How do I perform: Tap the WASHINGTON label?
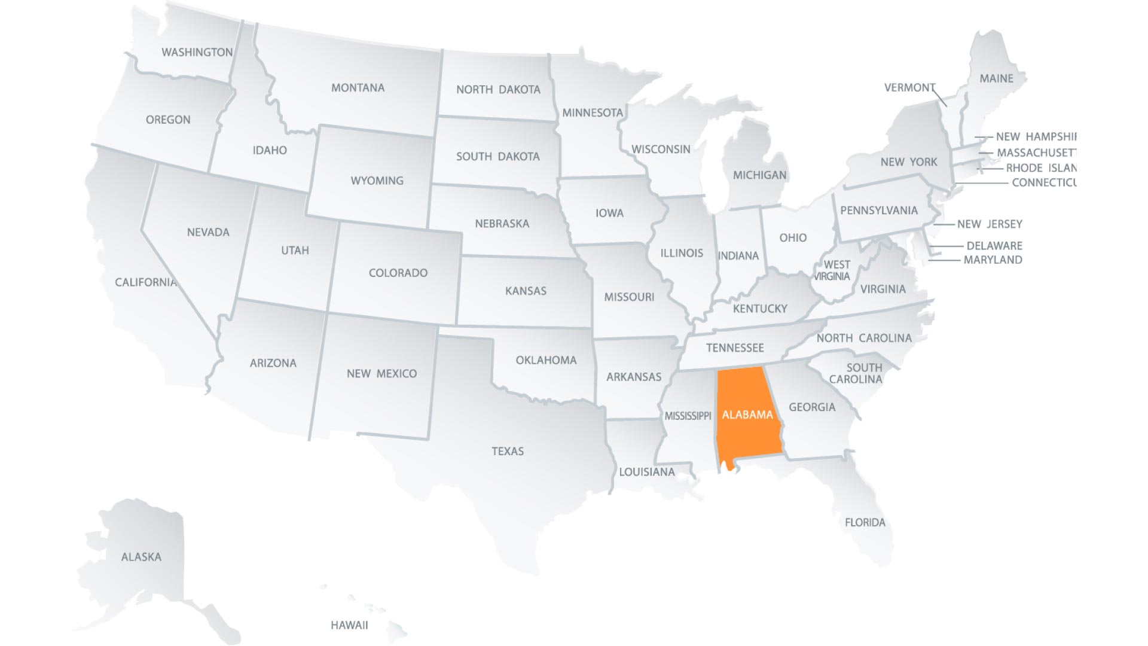[197, 52]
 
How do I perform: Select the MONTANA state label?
[358, 88]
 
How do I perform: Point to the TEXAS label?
[508, 451]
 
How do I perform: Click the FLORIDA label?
[865, 522]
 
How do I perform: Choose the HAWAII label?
[349, 625]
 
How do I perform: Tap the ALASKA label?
[141, 557]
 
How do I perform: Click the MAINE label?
[996, 78]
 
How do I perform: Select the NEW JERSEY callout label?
[990, 224]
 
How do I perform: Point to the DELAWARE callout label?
[994, 246]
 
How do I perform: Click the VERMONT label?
[909, 88]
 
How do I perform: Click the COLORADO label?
[398, 273]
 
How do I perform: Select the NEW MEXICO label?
[381, 373]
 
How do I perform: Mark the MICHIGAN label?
[759, 175]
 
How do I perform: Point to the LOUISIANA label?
[646, 472]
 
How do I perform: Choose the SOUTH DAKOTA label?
[497, 157]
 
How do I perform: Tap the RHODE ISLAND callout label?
[1040, 168]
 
